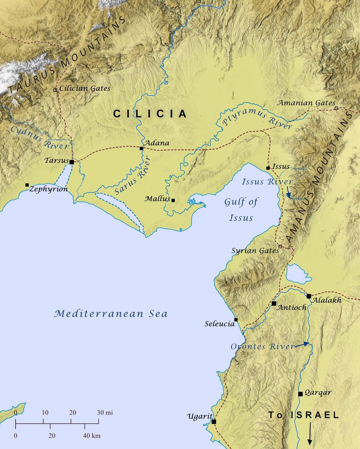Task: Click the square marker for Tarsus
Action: click(x=72, y=162)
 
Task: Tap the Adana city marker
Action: click(x=141, y=148)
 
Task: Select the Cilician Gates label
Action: click(x=85, y=88)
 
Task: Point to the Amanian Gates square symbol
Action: click(x=336, y=108)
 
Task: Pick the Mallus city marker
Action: click(x=173, y=200)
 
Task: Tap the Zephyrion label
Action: click(x=49, y=189)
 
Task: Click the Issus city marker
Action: click(x=268, y=168)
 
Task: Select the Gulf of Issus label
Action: click(x=241, y=210)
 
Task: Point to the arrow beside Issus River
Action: click(x=288, y=192)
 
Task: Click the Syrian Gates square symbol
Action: click(x=280, y=246)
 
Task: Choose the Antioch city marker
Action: click(x=274, y=303)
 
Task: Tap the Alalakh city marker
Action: click(x=309, y=296)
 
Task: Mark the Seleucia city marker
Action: click(x=236, y=320)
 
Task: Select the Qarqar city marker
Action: click(x=300, y=394)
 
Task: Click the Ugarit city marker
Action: click(x=214, y=422)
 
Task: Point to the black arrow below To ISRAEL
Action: click(x=310, y=433)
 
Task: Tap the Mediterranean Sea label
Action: click(x=111, y=314)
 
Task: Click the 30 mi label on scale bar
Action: click(x=105, y=412)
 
